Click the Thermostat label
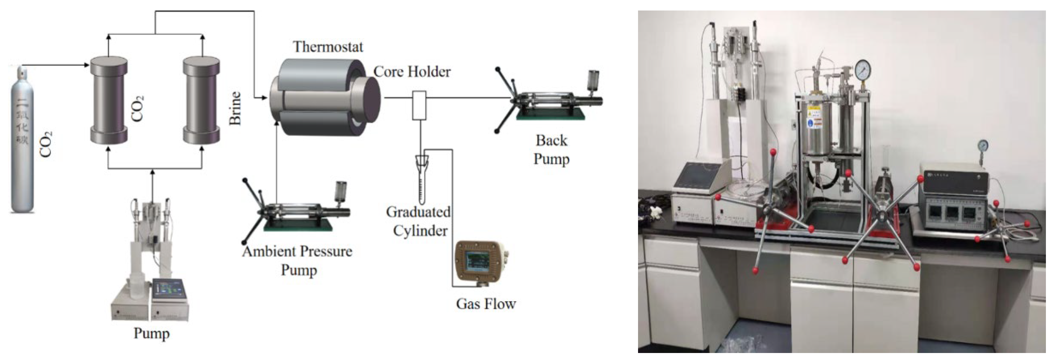point(328,47)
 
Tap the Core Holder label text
point(412,72)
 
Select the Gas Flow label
point(486,304)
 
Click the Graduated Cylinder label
point(419,221)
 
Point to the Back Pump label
point(551,149)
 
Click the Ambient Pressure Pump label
point(298,260)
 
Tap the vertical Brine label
point(236,108)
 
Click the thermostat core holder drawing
point(324,97)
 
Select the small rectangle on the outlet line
point(419,105)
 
